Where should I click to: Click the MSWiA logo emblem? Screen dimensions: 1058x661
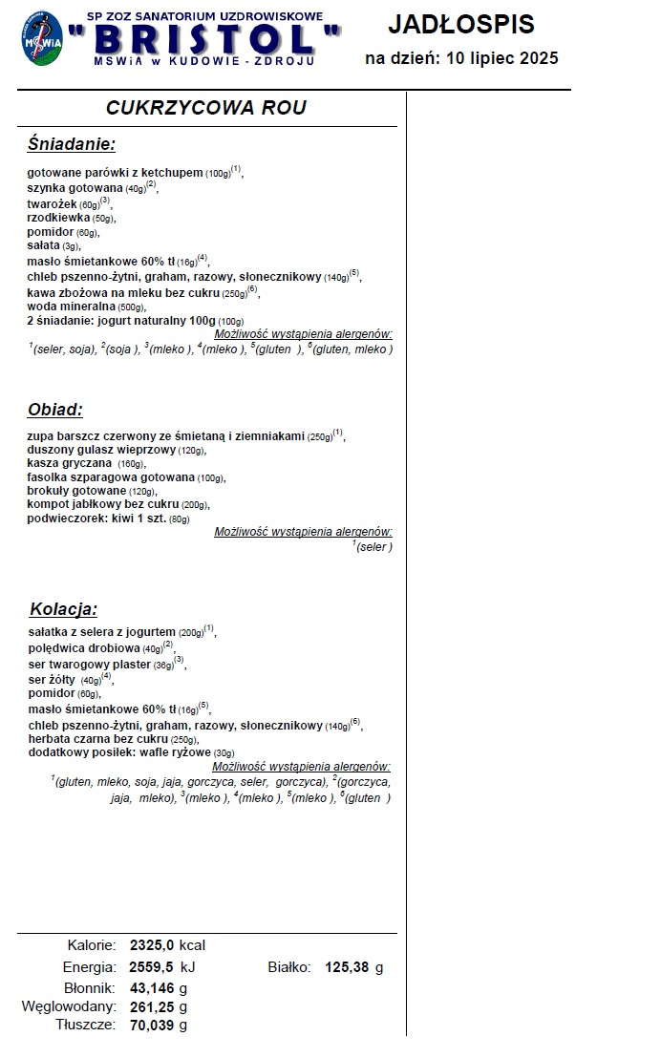click(x=40, y=39)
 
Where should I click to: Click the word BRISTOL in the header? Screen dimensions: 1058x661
click(x=204, y=40)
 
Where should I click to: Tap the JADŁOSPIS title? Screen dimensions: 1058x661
click(x=461, y=25)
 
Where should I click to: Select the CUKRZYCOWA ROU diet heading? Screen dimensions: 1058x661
click(x=205, y=108)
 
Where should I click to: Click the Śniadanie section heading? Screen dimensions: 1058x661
click(x=72, y=144)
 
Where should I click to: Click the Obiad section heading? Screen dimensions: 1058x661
click(x=54, y=410)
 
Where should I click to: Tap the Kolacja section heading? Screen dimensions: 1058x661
click(x=63, y=608)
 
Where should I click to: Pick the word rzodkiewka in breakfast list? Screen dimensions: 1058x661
click(x=58, y=218)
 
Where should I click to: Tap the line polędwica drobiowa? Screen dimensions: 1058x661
click(x=84, y=647)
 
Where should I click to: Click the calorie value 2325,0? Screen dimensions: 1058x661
click(x=152, y=945)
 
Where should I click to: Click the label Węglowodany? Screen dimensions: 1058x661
click(x=69, y=1006)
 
